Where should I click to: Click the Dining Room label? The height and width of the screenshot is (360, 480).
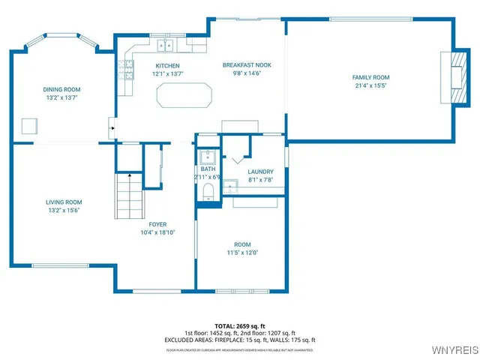pyautogui.click(x=61, y=89)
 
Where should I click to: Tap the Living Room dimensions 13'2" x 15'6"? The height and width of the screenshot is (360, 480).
pyautogui.click(x=63, y=210)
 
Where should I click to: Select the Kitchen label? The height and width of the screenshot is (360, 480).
pyautogui.click(x=167, y=65)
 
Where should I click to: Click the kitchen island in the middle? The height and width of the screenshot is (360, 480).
pyautogui.click(x=184, y=96)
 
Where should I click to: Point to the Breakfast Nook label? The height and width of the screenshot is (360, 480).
pyautogui.click(x=247, y=65)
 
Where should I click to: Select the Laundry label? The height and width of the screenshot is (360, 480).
pyautogui.click(x=260, y=172)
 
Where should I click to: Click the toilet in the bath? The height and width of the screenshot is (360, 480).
pyautogui.click(x=208, y=193)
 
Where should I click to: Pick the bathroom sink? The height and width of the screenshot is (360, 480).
pyautogui.click(x=207, y=157)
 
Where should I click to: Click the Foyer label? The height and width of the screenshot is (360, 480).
pyautogui.click(x=157, y=224)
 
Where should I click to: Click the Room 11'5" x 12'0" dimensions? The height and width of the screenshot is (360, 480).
pyautogui.click(x=242, y=252)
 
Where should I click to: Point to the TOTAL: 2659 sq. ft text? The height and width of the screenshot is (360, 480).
pyautogui.click(x=241, y=326)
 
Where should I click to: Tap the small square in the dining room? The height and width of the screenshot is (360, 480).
pyautogui.click(x=30, y=126)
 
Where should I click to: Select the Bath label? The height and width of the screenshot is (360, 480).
pyautogui.click(x=207, y=169)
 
